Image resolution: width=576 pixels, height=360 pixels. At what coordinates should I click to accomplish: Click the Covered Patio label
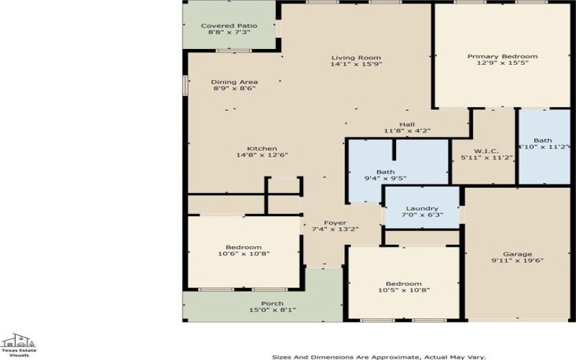pyautogui.click(x=229, y=26)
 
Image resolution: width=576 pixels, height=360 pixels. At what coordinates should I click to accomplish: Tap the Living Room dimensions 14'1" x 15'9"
pyautogui.click(x=356, y=64)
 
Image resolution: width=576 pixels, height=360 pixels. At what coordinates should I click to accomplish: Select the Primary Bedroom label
pyautogui.click(x=502, y=56)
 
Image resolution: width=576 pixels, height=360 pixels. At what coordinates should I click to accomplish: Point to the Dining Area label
pyautogui.click(x=235, y=82)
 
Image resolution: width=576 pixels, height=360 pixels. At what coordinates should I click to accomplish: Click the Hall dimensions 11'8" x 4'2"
pyautogui.click(x=407, y=131)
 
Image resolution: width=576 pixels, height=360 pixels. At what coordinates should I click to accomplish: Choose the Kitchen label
pyautogui.click(x=262, y=148)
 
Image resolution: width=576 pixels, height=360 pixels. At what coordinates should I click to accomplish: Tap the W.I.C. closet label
pyautogui.click(x=486, y=151)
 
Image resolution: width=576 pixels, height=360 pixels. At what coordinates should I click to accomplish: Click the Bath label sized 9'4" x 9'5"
pyautogui.click(x=385, y=172)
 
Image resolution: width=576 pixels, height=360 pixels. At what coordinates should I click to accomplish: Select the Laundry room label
pyautogui.click(x=422, y=208)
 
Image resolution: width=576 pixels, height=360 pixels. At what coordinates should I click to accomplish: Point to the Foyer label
pyautogui.click(x=335, y=223)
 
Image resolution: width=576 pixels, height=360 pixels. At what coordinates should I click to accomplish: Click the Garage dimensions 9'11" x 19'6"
pyautogui.click(x=517, y=261)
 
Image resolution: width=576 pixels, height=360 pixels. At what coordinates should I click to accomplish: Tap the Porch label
pyautogui.click(x=272, y=303)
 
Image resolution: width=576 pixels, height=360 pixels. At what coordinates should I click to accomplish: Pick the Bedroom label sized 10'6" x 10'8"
pyautogui.click(x=243, y=247)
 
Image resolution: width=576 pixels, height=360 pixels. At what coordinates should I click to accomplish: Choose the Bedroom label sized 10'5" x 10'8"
pyautogui.click(x=404, y=284)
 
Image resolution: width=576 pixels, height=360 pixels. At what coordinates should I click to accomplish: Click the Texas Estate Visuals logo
pyautogui.click(x=19, y=345)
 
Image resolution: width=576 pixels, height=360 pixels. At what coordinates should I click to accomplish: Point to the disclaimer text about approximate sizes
pyautogui.click(x=379, y=356)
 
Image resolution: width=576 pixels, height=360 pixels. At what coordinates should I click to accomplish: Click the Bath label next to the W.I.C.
pyautogui.click(x=543, y=140)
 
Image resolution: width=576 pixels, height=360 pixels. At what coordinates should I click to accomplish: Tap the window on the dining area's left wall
pyautogui.click(x=186, y=85)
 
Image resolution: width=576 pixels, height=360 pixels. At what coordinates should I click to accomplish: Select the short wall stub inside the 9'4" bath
pyautogui.click(x=394, y=150)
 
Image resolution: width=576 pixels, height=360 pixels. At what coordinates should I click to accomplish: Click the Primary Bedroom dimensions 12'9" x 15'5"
pyautogui.click(x=502, y=63)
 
